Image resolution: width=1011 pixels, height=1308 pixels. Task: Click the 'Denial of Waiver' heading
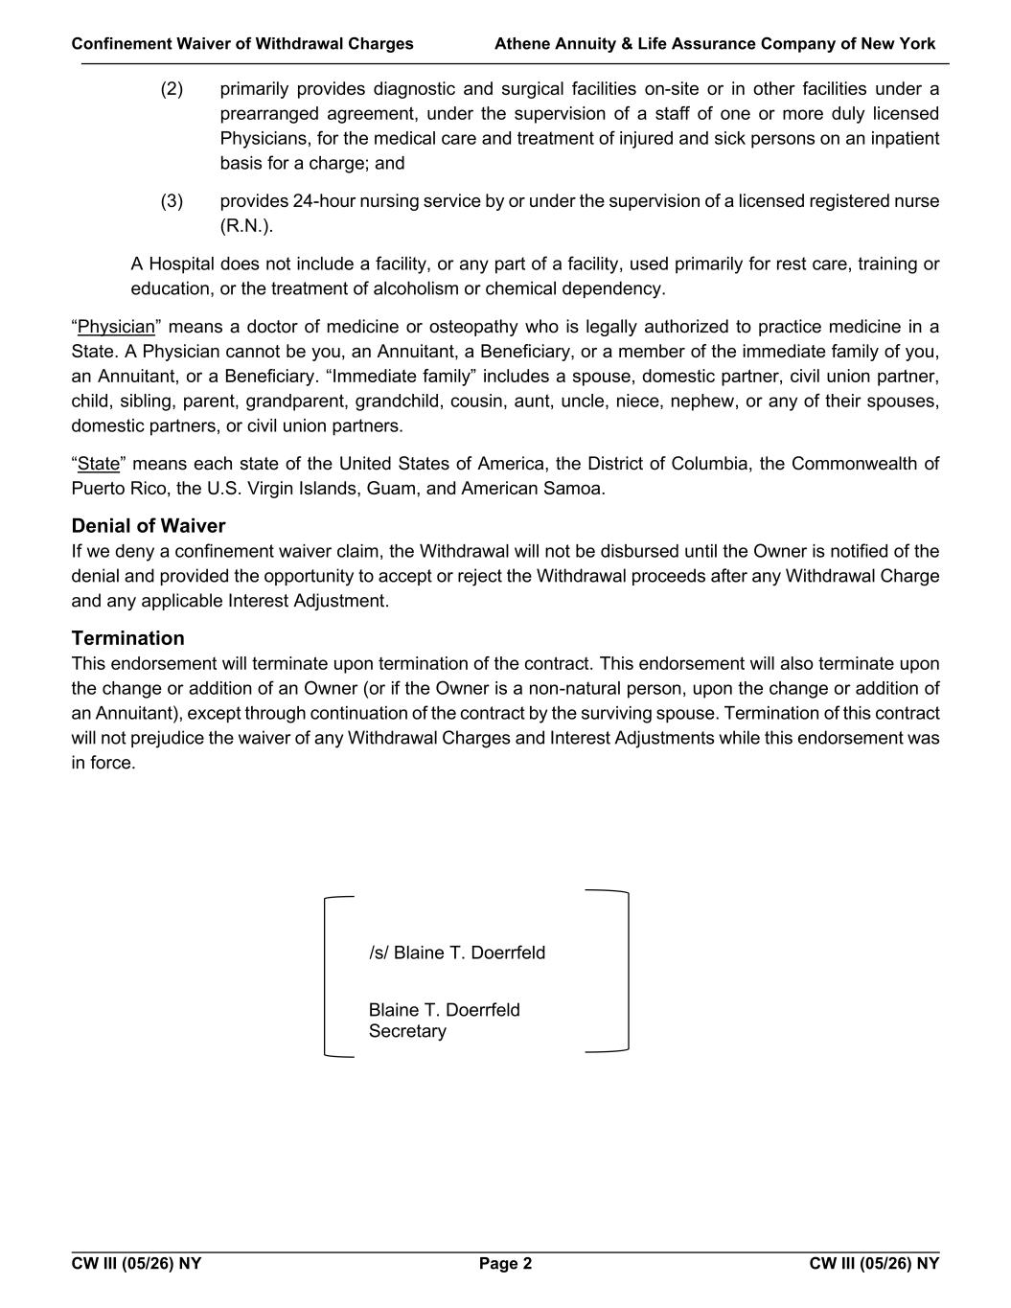tap(149, 526)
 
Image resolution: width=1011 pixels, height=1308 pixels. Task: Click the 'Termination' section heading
tap(127, 638)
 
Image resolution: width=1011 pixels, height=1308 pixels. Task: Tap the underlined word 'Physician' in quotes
tap(116, 327)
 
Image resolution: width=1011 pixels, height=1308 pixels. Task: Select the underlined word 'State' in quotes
tap(99, 464)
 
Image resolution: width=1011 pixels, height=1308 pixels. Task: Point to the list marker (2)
tap(172, 89)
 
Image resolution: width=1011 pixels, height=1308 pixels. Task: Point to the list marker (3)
tap(172, 201)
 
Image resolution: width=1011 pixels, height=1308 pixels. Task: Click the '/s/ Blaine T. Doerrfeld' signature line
tap(457, 952)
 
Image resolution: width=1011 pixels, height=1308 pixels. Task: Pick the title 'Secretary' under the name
tap(407, 1031)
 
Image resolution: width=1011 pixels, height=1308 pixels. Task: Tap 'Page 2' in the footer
tap(505, 1263)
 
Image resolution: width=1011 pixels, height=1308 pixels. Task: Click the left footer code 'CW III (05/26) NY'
tap(136, 1263)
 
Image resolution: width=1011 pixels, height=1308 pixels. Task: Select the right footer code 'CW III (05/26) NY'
tap(874, 1263)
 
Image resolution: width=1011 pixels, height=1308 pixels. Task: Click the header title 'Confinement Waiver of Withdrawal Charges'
tap(242, 44)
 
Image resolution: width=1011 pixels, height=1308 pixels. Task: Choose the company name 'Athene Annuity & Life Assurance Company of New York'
tap(715, 44)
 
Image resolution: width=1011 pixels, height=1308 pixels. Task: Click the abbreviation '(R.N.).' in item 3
tap(246, 226)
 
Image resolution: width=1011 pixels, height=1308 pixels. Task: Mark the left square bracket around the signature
tap(328, 976)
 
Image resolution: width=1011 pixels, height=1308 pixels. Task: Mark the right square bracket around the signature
tap(627, 971)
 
